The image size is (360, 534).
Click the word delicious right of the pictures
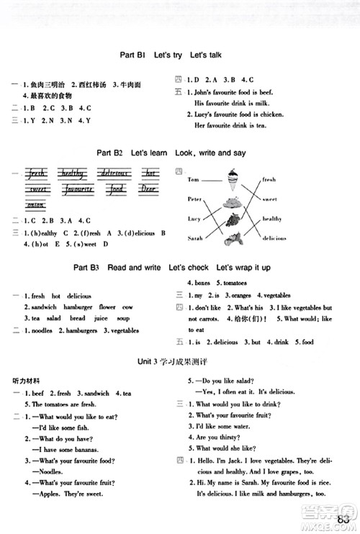pos(274,237)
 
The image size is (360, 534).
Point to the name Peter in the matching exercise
pos(193,198)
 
